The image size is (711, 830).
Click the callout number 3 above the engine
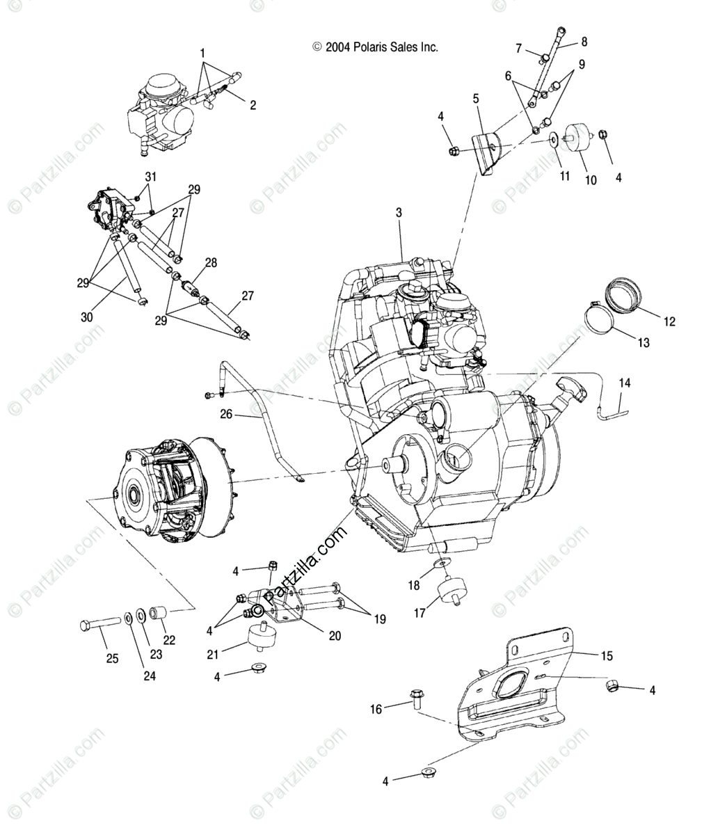(x=399, y=213)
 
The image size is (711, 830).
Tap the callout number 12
(x=669, y=321)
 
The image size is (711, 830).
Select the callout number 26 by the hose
(x=226, y=415)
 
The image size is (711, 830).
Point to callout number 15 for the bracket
(x=607, y=655)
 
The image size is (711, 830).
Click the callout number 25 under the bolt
(x=112, y=658)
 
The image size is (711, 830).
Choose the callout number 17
(x=420, y=614)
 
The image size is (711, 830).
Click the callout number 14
(x=625, y=383)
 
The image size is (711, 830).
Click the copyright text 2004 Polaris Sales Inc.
(x=376, y=47)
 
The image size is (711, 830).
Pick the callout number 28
(x=211, y=263)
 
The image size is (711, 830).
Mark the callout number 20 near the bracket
(x=334, y=636)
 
